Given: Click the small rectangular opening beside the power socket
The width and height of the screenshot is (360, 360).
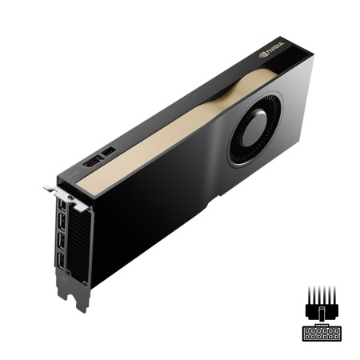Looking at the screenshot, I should point(110,152).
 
